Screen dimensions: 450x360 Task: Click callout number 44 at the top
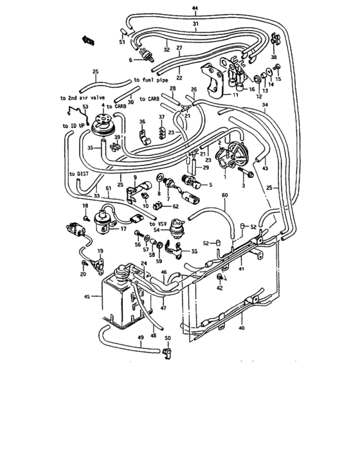[x=195, y=7]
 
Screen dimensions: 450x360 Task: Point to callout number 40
[x=242, y=328]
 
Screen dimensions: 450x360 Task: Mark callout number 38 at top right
[x=273, y=58]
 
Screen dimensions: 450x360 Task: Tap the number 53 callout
[x=85, y=106]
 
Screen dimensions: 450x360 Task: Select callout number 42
[x=221, y=288]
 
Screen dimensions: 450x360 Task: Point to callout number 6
[x=131, y=60]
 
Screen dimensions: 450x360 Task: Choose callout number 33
[x=96, y=196]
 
